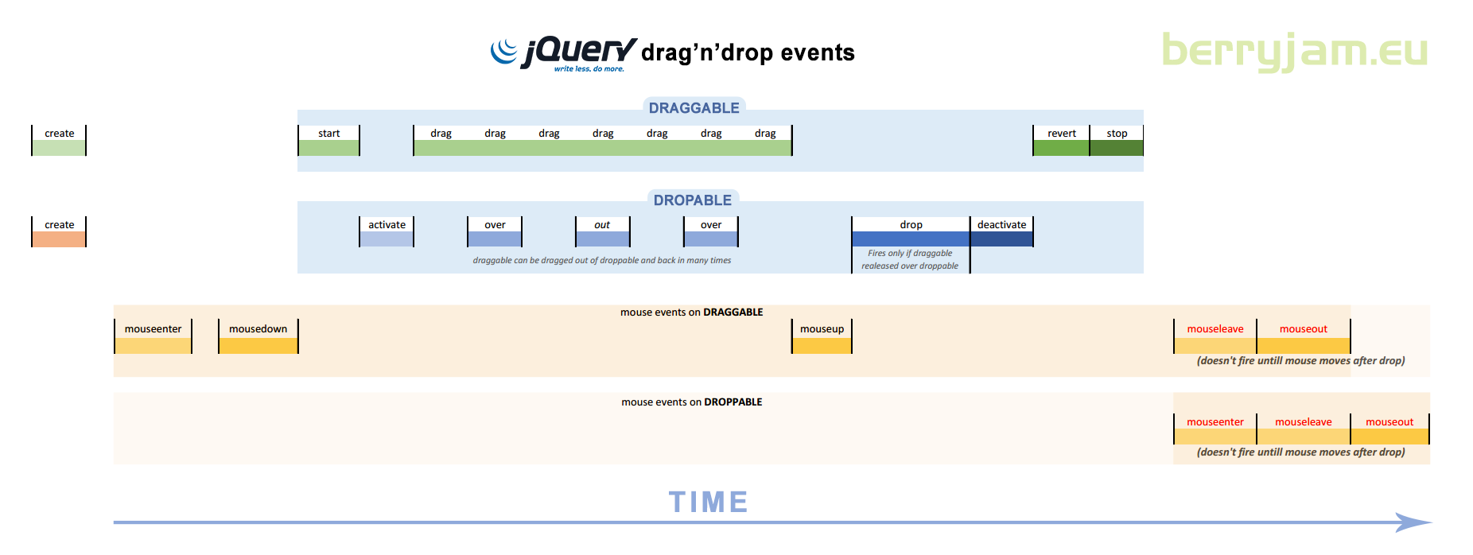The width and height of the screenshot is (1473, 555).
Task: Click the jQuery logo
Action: [563, 54]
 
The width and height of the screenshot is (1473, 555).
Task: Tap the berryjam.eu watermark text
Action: [1295, 51]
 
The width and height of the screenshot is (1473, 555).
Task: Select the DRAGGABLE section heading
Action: [694, 108]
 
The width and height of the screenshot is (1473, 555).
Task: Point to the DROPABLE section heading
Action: [693, 200]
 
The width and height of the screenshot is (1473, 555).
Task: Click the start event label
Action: [328, 134]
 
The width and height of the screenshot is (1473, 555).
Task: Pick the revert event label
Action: [1062, 134]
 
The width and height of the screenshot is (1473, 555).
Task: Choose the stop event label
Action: [1117, 134]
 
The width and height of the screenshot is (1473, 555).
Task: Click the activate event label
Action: [387, 225]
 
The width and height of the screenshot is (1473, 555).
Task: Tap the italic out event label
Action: [602, 225]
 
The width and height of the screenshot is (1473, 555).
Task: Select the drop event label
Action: [911, 225]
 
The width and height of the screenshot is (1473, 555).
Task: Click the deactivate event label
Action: [1001, 225]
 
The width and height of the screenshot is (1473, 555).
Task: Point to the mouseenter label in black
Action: [153, 329]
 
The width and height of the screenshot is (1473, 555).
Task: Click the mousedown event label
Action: [258, 329]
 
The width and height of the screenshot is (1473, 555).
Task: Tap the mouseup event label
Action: [822, 329]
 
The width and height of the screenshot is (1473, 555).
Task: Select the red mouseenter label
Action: [1215, 422]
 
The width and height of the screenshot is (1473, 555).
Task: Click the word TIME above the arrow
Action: [708, 502]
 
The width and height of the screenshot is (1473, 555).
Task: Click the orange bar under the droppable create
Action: [59, 239]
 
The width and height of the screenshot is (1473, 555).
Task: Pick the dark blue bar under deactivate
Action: [1001, 239]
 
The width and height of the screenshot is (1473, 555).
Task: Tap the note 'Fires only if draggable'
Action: [910, 253]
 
